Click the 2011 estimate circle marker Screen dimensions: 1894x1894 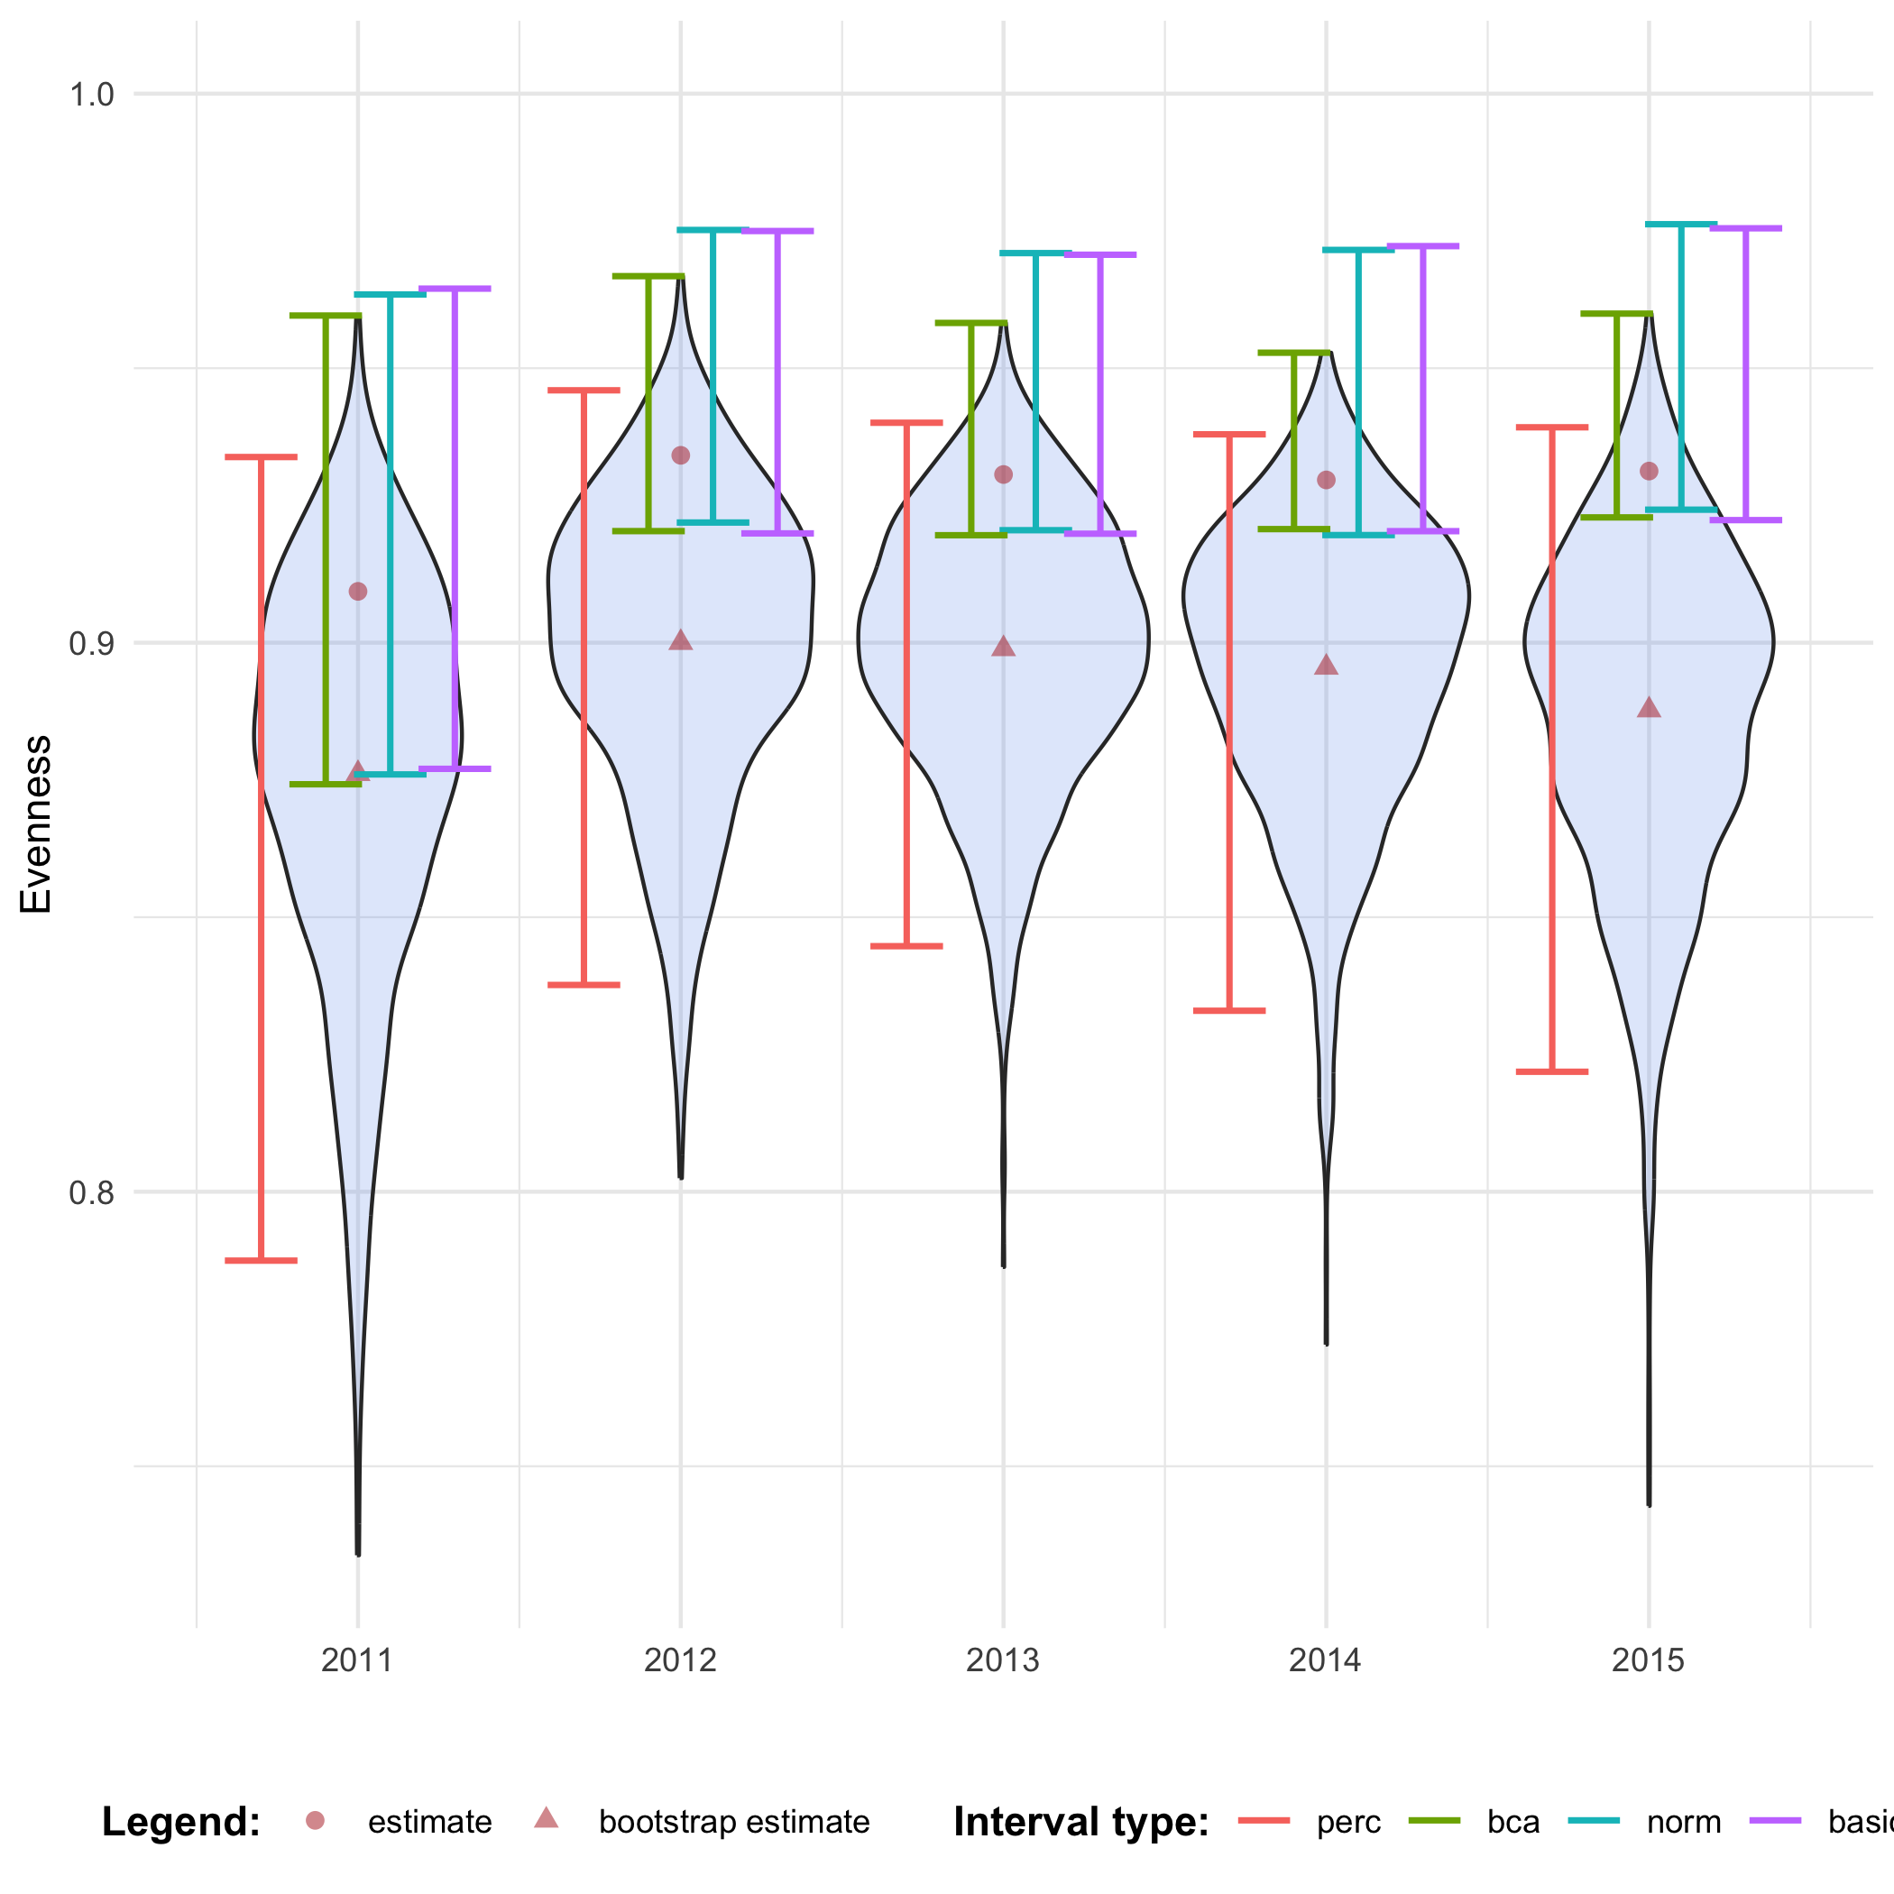tap(358, 591)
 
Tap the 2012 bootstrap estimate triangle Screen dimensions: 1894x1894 tap(680, 641)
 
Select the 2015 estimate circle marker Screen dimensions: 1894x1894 tap(1649, 472)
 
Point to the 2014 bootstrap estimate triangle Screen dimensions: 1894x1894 tap(1327, 666)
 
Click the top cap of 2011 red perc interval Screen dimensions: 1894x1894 tap(261, 457)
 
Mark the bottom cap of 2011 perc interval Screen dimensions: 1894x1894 tap(261, 1261)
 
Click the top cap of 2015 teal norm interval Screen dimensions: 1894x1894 tap(1681, 225)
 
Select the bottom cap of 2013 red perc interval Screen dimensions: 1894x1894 tap(906, 946)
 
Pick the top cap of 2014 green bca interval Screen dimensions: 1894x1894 tap(1294, 352)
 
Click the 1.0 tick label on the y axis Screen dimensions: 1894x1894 tap(91, 95)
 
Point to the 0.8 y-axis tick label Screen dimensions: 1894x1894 tap(91, 1193)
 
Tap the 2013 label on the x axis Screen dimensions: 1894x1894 tap(1003, 1660)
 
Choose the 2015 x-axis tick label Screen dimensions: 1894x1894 tap(1649, 1660)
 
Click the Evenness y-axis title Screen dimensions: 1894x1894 tap(36, 824)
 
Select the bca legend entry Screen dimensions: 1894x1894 tap(1512, 1823)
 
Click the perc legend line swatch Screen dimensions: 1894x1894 tap(1264, 1820)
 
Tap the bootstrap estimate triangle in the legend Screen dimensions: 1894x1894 tap(546, 1819)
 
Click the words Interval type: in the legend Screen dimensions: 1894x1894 tap(1081, 1823)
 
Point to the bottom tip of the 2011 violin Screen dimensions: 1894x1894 tap(358, 1553)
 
